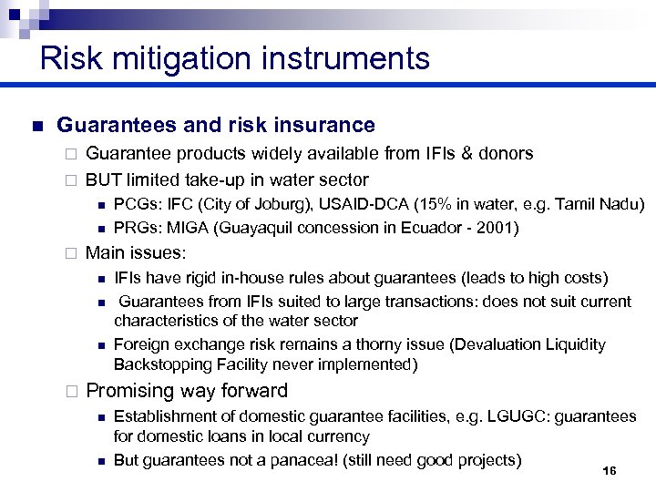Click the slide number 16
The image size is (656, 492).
point(610,470)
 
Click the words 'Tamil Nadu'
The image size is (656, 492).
point(600,204)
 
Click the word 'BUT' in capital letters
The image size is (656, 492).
point(103,179)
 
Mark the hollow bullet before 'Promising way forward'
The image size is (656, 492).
point(71,392)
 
